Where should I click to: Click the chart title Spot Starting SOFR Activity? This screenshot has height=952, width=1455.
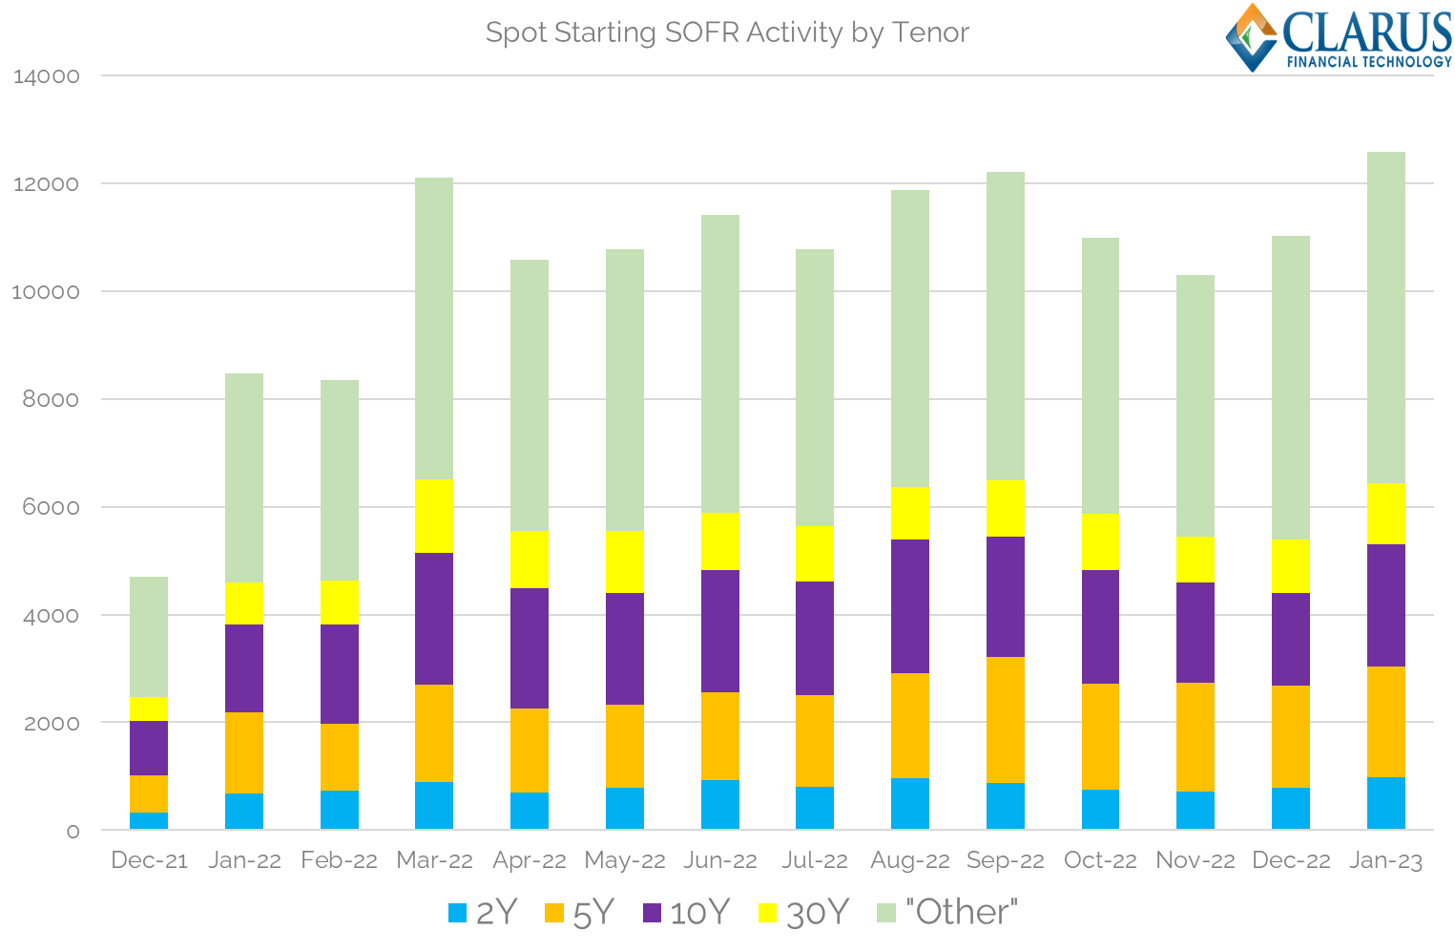[x=727, y=32]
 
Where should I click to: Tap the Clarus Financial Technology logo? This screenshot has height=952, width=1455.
[x=1339, y=38]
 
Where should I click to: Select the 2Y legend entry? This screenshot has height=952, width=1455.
[x=483, y=913]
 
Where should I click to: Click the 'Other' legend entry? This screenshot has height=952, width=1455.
[x=946, y=913]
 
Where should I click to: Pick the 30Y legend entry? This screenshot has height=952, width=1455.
[x=803, y=913]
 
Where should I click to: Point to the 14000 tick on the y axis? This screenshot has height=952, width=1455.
[x=47, y=76]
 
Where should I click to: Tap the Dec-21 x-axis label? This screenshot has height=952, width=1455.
[x=149, y=860]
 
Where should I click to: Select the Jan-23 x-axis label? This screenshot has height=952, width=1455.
[x=1385, y=860]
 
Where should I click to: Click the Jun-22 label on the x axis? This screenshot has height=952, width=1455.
[x=720, y=860]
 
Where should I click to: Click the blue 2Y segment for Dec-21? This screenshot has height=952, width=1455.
[x=149, y=820]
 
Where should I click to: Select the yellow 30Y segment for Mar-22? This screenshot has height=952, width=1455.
[x=434, y=516]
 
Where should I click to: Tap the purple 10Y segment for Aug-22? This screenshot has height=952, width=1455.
[x=910, y=606]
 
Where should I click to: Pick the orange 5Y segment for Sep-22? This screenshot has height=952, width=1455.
[x=1006, y=720]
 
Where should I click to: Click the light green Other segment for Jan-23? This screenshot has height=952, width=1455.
[x=1385, y=317]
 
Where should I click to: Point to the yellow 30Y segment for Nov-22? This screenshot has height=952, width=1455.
[x=1195, y=560]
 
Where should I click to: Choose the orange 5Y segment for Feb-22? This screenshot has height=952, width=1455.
[x=340, y=756]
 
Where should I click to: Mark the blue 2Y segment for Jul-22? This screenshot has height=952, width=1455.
[x=815, y=808]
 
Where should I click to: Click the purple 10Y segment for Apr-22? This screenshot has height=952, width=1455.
[x=530, y=648]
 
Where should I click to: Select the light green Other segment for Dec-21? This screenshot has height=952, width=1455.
[x=149, y=637]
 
